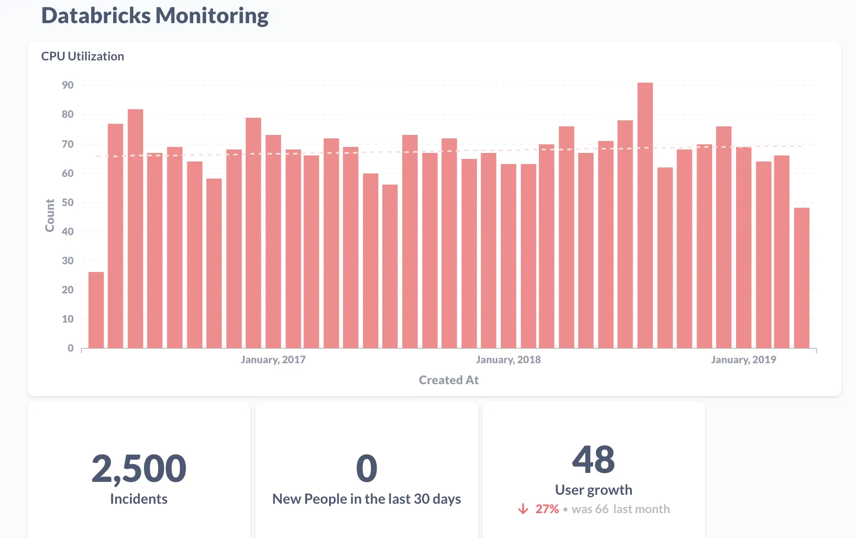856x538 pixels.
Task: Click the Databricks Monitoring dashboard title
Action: tap(155, 16)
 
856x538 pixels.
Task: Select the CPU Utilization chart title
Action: tap(83, 56)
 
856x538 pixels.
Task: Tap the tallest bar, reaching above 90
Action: tap(645, 214)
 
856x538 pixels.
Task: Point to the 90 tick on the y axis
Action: tap(68, 85)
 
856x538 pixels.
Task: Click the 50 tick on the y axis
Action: tap(68, 203)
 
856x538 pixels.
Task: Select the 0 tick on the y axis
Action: tap(71, 348)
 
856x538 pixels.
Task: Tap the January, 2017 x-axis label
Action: tap(273, 360)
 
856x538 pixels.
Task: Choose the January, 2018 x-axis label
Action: tap(508, 360)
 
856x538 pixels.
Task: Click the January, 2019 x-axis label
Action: tap(743, 360)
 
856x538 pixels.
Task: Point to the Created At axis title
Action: tap(449, 380)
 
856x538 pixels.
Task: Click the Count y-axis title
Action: tap(50, 215)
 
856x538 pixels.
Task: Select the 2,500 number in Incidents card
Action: tap(139, 469)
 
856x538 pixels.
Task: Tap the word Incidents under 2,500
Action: tap(139, 499)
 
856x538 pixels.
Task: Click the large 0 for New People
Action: tap(367, 469)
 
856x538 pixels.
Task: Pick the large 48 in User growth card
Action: tap(593, 460)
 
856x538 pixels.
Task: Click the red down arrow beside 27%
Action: tap(523, 509)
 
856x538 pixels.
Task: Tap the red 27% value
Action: tap(547, 509)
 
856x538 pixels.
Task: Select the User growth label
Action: tap(593, 490)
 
